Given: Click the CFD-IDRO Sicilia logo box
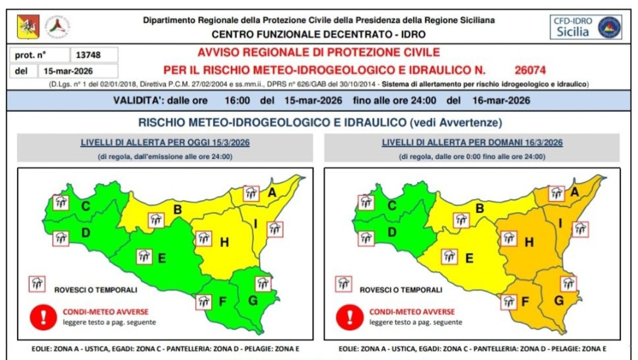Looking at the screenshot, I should [x=585, y=27].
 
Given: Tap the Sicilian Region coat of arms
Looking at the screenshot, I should [x=28, y=27].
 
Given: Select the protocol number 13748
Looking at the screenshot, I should [x=89, y=55].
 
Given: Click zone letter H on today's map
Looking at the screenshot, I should [x=224, y=242].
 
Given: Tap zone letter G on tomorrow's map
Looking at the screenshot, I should [x=559, y=301].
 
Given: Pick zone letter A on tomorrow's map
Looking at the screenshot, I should [x=574, y=193].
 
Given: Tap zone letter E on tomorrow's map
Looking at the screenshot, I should [x=469, y=258].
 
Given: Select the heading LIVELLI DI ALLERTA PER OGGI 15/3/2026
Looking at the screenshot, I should [x=165, y=143].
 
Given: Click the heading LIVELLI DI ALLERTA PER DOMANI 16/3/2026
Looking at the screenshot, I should [x=472, y=143].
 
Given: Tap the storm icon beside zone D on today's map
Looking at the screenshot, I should [x=61, y=238].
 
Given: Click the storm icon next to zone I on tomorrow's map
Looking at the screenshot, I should [x=580, y=229].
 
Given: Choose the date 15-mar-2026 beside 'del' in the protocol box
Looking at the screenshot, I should [x=78, y=71].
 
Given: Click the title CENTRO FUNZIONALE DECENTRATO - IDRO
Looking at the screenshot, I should [x=318, y=35].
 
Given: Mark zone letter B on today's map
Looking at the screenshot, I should [x=178, y=209].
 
